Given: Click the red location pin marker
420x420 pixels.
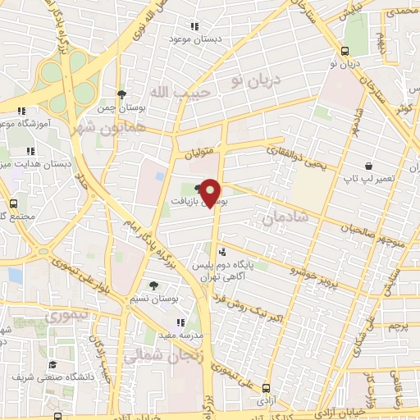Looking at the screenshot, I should (211, 192).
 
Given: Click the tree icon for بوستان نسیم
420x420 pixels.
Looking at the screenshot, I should (154, 285).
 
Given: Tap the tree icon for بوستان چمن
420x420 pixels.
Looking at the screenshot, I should (121, 94).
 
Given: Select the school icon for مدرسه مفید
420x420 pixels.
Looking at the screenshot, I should (180, 323).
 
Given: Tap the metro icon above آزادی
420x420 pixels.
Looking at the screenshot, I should (266, 388).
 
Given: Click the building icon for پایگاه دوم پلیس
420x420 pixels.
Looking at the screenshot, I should (222, 251).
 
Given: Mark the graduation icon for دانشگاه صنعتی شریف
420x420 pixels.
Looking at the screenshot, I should (52, 364).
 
